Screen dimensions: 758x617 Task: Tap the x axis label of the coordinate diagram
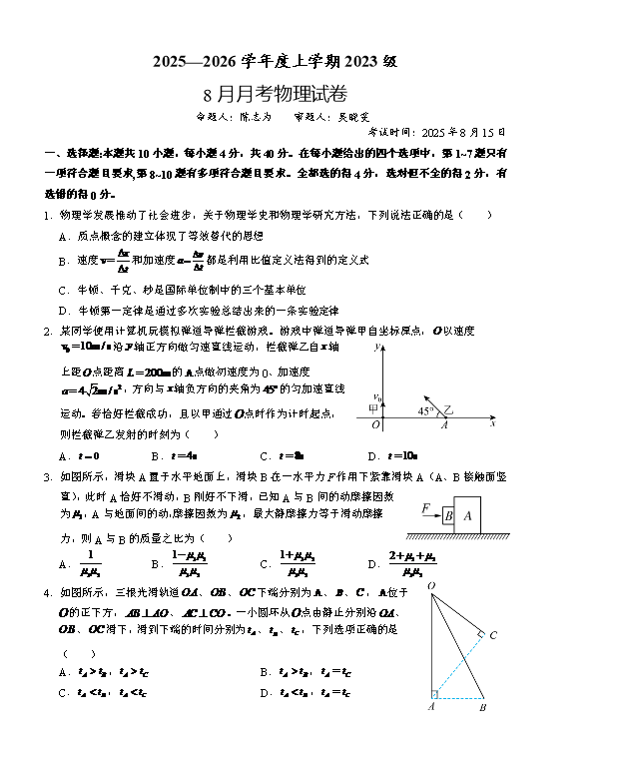tap(493, 424)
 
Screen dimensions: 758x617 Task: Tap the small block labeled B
tap(449, 517)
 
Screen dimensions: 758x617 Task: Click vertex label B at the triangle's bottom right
tap(482, 708)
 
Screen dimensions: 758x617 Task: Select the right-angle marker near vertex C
tap(479, 634)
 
